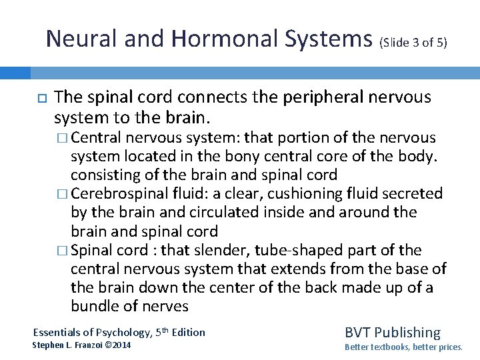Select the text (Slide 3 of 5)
(414, 43)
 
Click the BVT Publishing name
(392, 332)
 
